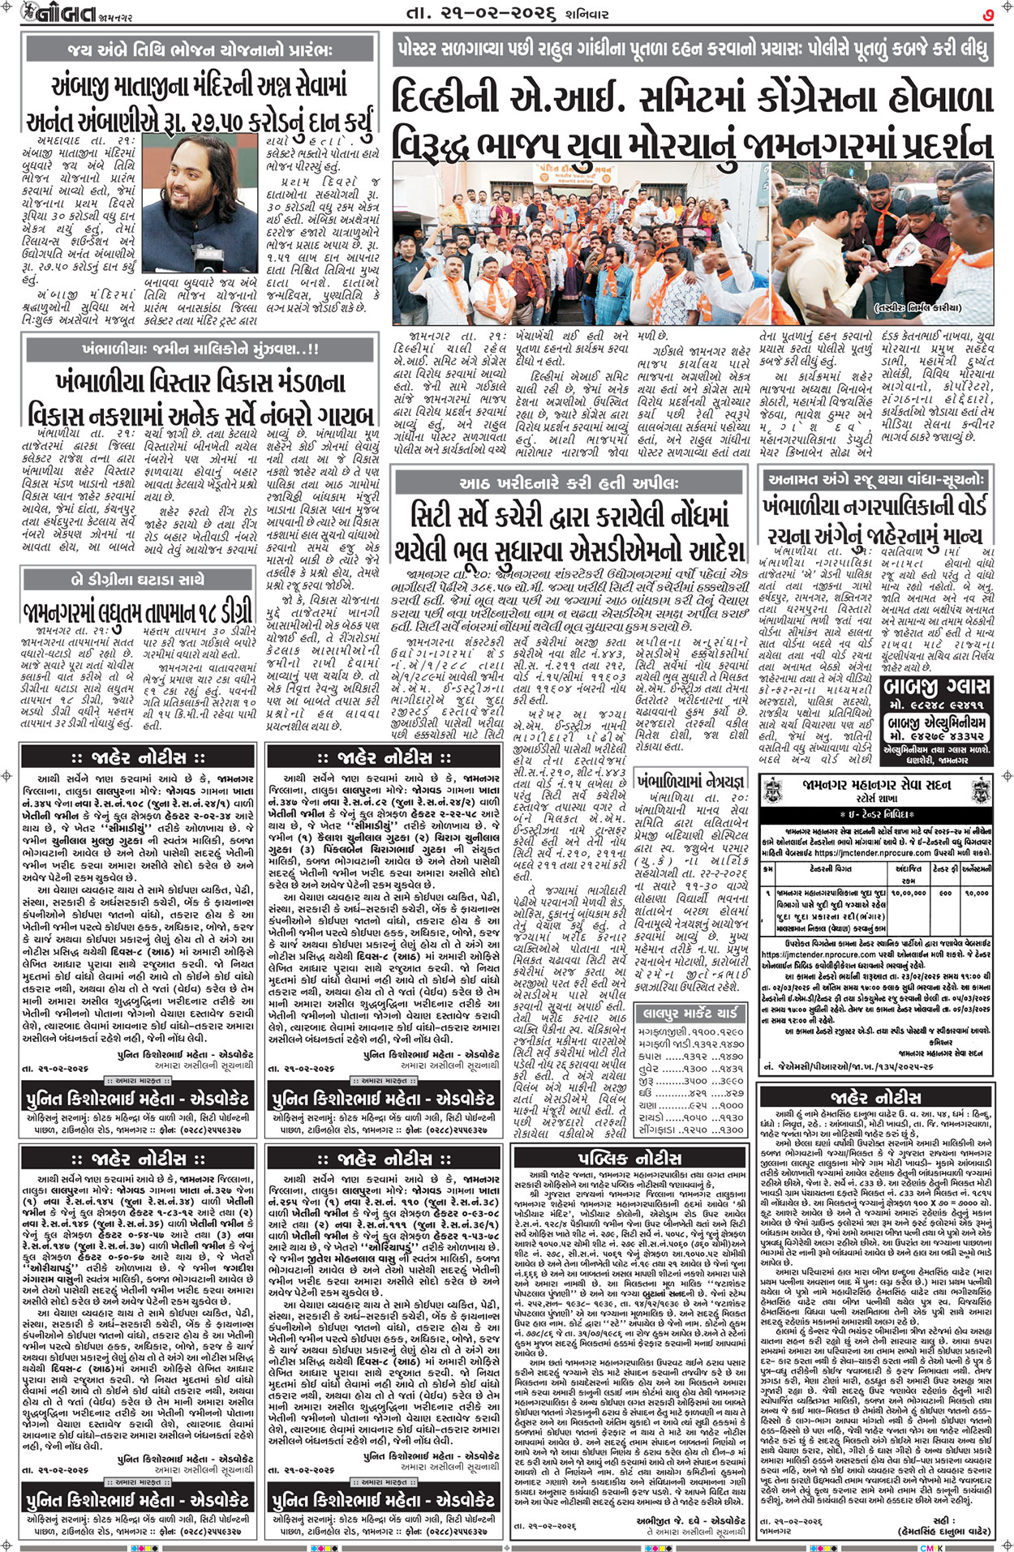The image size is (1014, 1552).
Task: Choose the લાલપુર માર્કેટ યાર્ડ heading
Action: [x=690, y=1013]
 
